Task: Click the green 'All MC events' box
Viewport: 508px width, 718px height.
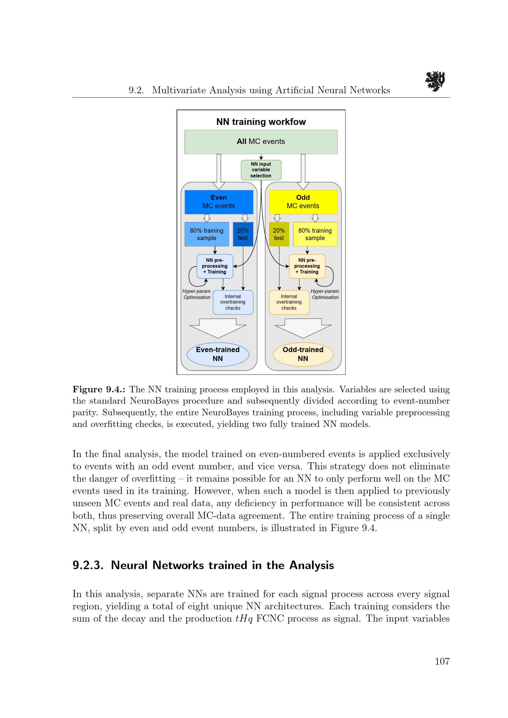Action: pos(261,142)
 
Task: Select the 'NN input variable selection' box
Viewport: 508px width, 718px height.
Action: pos(261,170)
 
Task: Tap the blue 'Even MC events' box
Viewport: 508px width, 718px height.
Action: pos(219,202)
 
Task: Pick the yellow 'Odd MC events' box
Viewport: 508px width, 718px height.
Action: pos(303,202)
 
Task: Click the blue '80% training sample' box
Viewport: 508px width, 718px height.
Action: pos(206,234)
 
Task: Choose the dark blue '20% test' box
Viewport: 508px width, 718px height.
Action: pos(243,234)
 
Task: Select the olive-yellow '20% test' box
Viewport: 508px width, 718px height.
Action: pos(279,234)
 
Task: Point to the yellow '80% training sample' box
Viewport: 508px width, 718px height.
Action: pos(315,234)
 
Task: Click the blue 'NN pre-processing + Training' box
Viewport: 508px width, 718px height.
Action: pos(215,266)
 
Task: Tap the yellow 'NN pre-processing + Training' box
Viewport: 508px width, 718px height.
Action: pos(307,266)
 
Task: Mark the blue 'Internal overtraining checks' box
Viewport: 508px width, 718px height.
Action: pos(233,302)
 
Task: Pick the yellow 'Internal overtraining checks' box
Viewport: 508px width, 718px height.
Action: pos(289,302)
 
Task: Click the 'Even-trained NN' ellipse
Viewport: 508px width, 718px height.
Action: pos(218,354)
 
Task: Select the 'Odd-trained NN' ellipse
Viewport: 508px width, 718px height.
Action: pos(303,354)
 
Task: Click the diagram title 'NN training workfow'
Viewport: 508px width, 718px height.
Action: pos(261,122)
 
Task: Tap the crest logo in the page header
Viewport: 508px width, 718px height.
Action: pos(435,81)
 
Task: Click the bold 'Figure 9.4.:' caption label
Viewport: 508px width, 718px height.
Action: pos(99,389)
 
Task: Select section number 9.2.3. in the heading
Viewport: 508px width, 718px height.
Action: pos(88,565)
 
